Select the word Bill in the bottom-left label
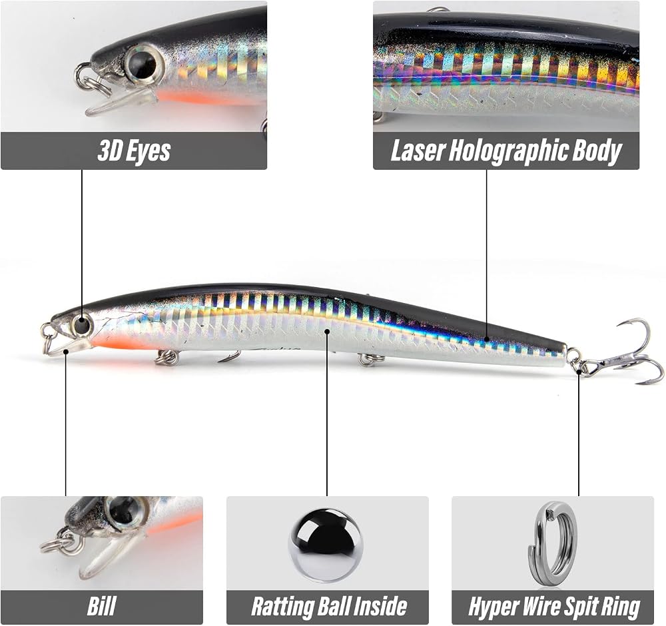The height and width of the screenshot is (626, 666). pos(101,606)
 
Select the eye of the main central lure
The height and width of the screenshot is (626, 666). pos(81,326)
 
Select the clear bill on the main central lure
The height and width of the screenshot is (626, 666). pos(66,346)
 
